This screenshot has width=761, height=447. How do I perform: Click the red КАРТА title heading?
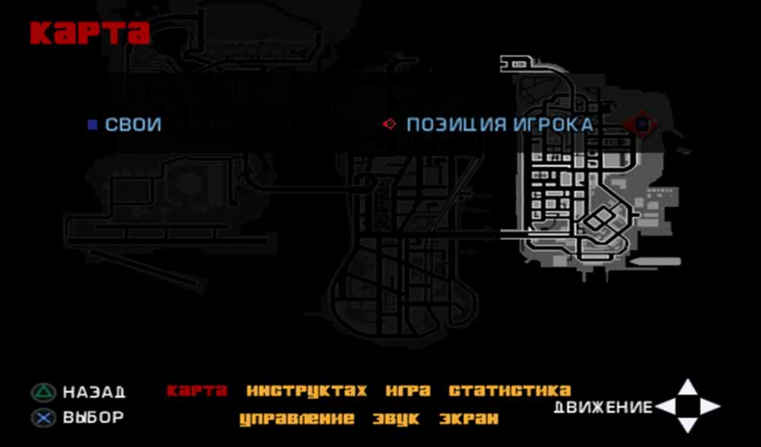click(90, 33)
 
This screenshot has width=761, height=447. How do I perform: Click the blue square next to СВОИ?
click(92, 125)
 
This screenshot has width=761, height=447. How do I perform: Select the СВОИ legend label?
click(133, 125)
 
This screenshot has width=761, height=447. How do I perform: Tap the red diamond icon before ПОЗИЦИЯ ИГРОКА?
click(390, 124)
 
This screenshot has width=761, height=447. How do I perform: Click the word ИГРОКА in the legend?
click(552, 125)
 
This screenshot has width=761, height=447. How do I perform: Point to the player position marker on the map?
click(642, 123)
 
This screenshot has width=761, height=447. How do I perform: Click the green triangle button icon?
click(44, 393)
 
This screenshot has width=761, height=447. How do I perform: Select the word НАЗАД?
click(94, 393)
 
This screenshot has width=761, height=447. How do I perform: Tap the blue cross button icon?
click(44, 418)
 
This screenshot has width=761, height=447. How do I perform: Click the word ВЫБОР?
click(94, 418)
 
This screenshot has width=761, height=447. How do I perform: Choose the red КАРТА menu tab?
click(197, 391)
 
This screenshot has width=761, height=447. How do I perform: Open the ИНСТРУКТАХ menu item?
click(307, 391)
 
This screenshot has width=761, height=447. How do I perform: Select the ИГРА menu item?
click(408, 391)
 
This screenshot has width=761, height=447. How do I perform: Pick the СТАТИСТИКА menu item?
click(510, 391)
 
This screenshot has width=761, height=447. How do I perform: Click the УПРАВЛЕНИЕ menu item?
click(297, 419)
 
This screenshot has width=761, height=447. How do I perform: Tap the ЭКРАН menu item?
click(469, 419)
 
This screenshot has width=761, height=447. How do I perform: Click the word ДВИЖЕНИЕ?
click(603, 407)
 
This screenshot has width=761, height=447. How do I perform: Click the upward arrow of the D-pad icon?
click(687, 388)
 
